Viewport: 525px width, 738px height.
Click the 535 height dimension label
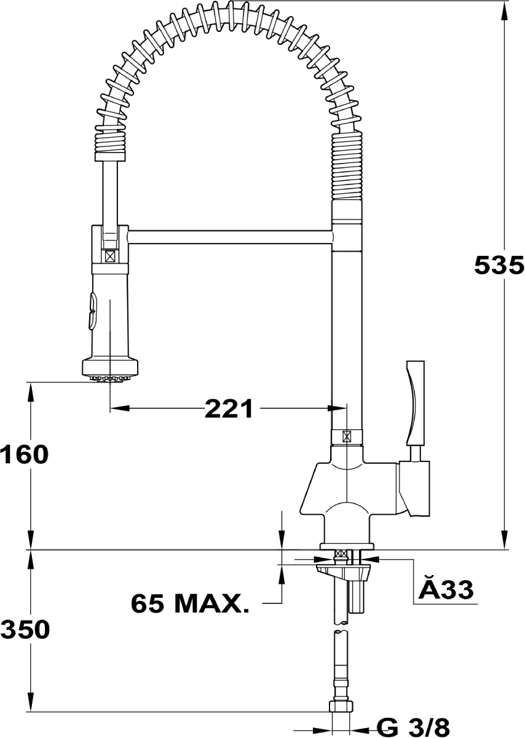tap(499, 265)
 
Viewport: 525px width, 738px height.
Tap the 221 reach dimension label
tap(229, 408)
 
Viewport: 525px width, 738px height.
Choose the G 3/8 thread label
tap(412, 727)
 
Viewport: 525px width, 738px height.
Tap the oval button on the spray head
tap(90, 311)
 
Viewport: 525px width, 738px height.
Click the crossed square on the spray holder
tap(110, 255)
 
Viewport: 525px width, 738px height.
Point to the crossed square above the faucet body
tap(347, 437)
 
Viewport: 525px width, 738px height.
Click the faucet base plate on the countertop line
tap(347, 546)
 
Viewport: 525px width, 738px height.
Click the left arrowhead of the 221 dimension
tap(118, 408)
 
